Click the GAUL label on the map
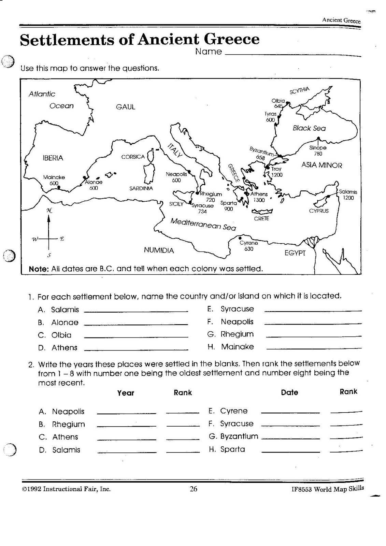(126, 107)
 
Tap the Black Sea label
(309, 128)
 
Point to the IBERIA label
(53, 158)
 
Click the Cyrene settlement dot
(241, 238)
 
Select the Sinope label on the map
(318, 148)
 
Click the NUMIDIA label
(159, 250)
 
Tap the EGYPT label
(295, 253)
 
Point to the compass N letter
(49, 211)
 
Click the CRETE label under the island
(261, 218)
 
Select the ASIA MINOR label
(321, 165)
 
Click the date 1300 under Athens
(259, 200)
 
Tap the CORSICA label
(133, 157)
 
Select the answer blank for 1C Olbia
(136, 337)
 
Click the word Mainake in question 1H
(238, 347)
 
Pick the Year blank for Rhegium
(126, 426)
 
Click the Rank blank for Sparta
(346, 451)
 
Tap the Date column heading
(289, 393)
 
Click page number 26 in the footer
(194, 489)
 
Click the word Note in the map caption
(39, 269)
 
